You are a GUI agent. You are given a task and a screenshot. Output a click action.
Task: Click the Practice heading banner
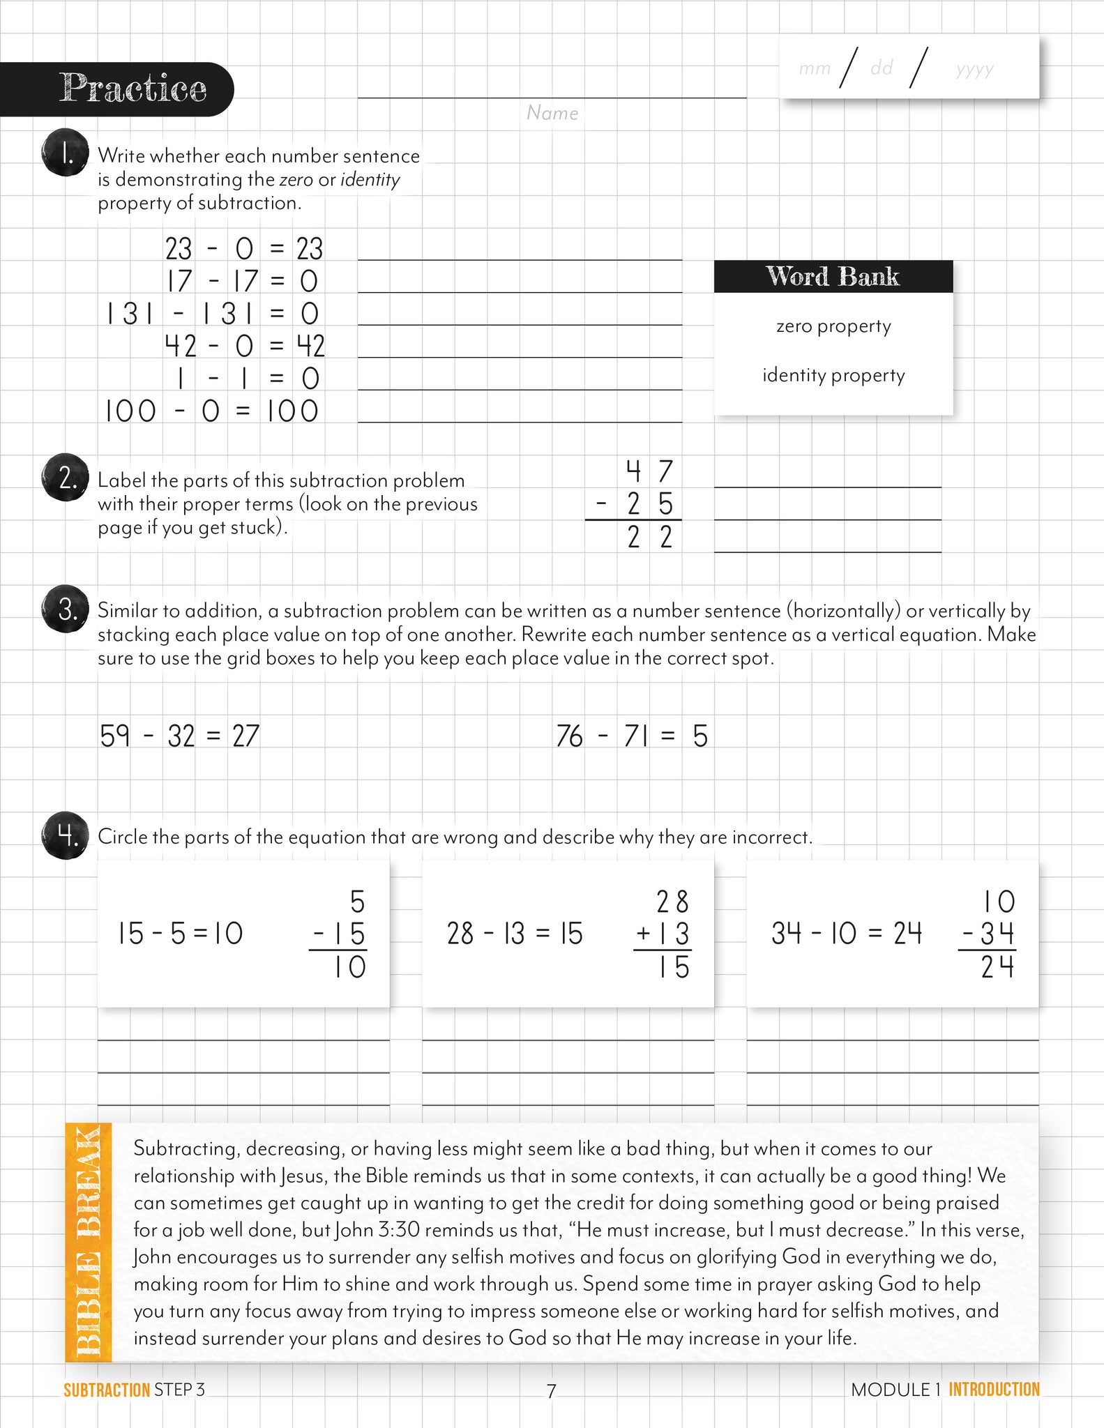133,89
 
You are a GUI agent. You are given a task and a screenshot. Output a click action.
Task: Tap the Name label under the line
552,113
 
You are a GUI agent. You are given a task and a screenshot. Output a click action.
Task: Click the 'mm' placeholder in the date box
815,68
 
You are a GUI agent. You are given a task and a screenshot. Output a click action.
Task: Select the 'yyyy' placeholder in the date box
974,69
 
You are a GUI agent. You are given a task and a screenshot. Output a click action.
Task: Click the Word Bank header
833,276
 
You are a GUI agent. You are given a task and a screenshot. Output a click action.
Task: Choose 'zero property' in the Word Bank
833,326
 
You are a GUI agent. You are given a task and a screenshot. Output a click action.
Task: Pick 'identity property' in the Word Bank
833,375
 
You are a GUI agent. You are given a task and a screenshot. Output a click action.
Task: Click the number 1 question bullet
65,153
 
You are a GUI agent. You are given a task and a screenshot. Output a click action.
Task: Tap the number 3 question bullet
65,609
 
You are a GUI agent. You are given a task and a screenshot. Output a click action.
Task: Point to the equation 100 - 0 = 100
212,411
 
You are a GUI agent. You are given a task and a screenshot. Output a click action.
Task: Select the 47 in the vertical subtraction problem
649,472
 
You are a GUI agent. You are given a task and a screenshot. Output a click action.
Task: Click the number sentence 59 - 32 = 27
179,736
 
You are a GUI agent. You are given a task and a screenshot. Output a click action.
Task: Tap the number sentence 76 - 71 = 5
631,736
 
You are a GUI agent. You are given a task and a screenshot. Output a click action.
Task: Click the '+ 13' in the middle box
663,934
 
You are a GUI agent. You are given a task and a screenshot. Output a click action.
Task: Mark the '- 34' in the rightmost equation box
988,934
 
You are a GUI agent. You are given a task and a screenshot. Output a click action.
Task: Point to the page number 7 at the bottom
551,1391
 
